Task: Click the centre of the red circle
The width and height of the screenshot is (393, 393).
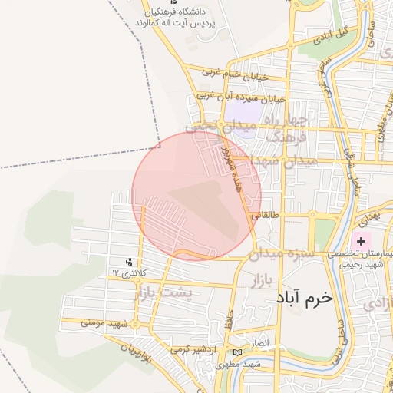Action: pyautogui.click(x=197, y=196)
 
